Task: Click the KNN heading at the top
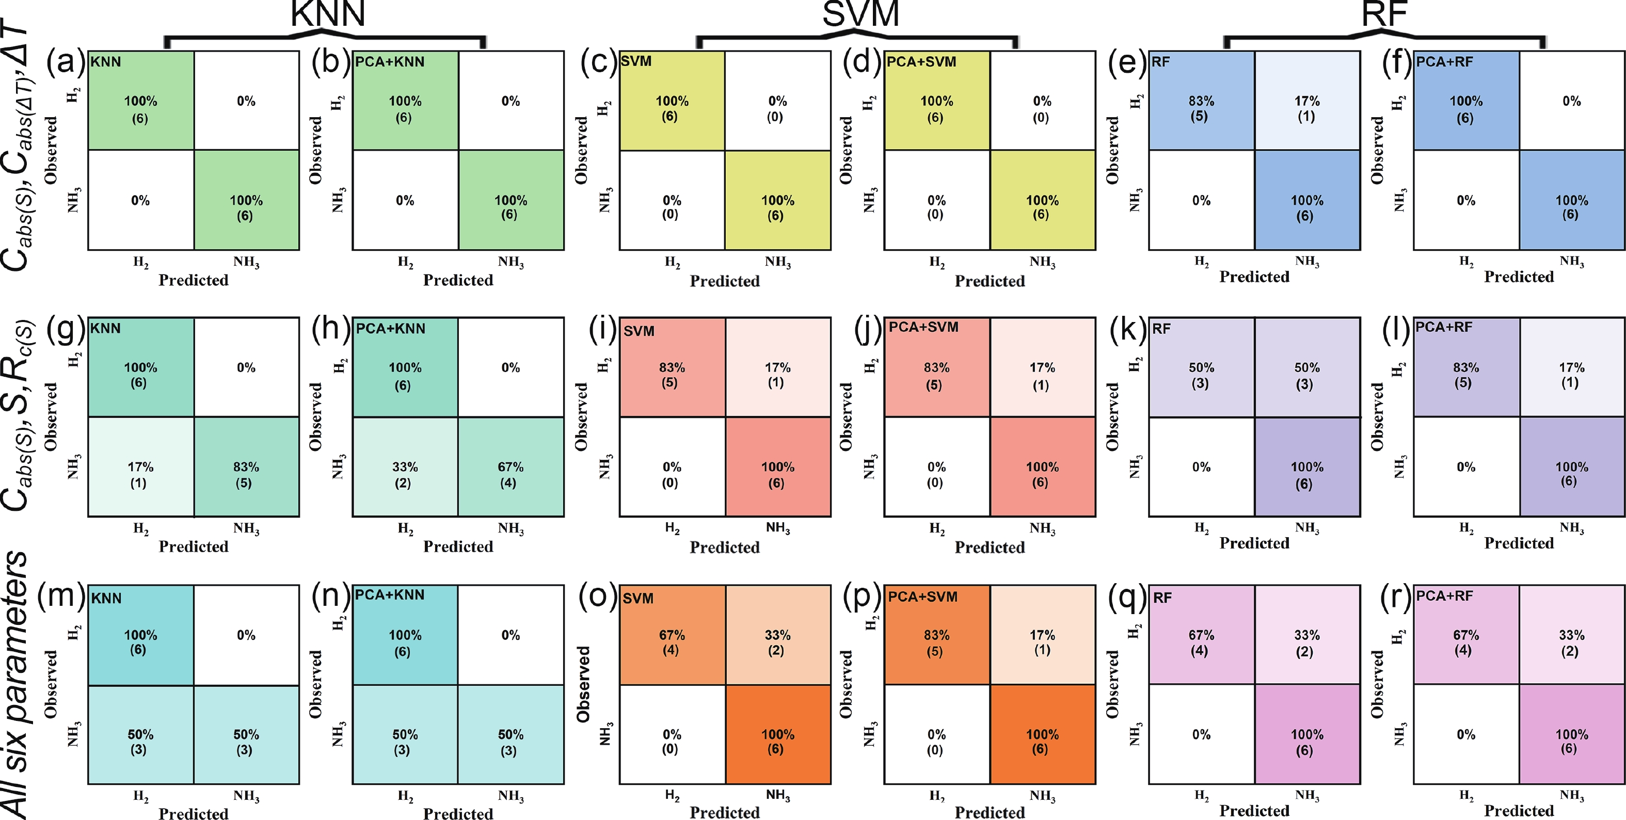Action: click(328, 14)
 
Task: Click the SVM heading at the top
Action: click(860, 14)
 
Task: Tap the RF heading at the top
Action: click(1384, 14)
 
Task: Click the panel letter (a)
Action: click(66, 63)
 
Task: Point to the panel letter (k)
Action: click(1128, 330)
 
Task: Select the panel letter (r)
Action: click(1394, 597)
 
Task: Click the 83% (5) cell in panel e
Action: click(1201, 108)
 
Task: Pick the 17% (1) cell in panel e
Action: click(1306, 108)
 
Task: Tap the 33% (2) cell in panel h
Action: click(405, 475)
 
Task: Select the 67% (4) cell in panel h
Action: click(510, 475)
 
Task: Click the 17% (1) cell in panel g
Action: click(140, 475)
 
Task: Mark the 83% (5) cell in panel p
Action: click(936, 642)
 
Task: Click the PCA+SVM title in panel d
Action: click(921, 62)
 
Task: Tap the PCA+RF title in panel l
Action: click(1444, 327)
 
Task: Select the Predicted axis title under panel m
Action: click(193, 813)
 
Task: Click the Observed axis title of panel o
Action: click(583, 684)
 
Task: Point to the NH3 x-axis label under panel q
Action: click(1306, 795)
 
